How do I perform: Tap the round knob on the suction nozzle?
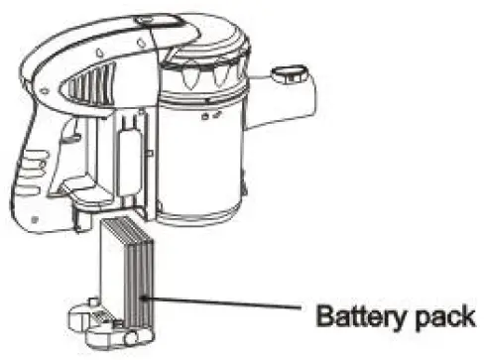(x=286, y=72)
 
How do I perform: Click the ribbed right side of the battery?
(x=144, y=268)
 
